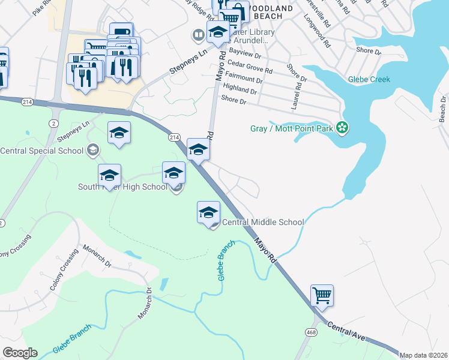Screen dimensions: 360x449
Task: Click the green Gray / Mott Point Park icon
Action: click(x=342, y=127)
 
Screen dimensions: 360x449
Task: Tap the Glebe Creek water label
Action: click(x=369, y=79)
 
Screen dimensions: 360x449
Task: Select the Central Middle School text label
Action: click(x=263, y=222)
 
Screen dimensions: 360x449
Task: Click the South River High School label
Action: click(x=122, y=187)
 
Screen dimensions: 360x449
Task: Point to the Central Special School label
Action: click(x=41, y=150)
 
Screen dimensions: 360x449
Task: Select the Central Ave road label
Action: click(x=346, y=332)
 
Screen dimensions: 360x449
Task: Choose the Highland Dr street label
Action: click(x=240, y=91)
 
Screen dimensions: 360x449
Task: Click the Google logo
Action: click(x=20, y=353)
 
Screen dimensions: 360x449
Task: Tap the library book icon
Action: click(x=197, y=35)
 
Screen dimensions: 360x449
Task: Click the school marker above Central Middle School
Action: click(x=209, y=212)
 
